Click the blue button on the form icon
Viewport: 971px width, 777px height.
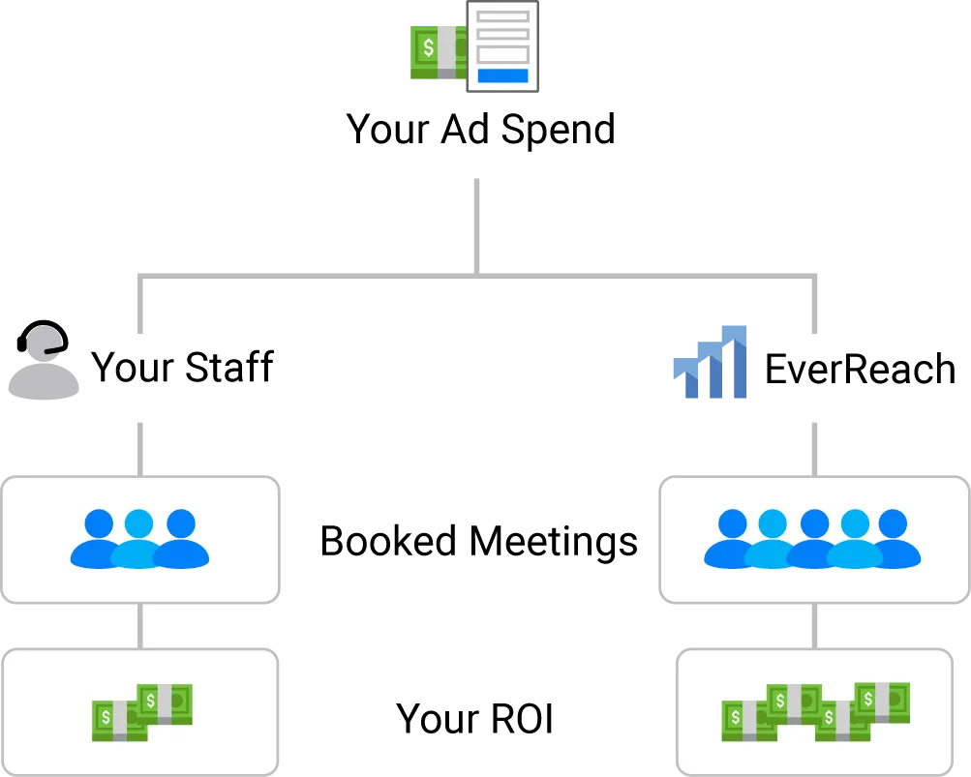pyautogui.click(x=502, y=75)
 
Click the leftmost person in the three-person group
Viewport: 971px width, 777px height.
pyautogui.click(x=99, y=539)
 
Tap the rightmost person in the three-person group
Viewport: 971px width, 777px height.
pyautogui.click(x=181, y=539)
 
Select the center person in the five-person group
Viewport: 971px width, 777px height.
pyautogui.click(x=813, y=540)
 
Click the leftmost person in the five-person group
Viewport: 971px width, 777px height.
pyautogui.click(x=732, y=540)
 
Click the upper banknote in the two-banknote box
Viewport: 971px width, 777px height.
pyautogui.click(x=165, y=703)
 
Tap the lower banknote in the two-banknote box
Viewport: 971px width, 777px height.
pyautogui.click(x=119, y=721)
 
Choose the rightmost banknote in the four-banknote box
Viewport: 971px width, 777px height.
pyautogui.click(x=882, y=702)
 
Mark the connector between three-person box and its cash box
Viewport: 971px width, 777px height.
pyautogui.click(x=139, y=627)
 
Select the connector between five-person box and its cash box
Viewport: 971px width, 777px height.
pyautogui.click(x=813, y=627)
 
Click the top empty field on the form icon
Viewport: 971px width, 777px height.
pyautogui.click(x=502, y=15)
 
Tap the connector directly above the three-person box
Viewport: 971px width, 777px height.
pyautogui.click(x=139, y=446)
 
